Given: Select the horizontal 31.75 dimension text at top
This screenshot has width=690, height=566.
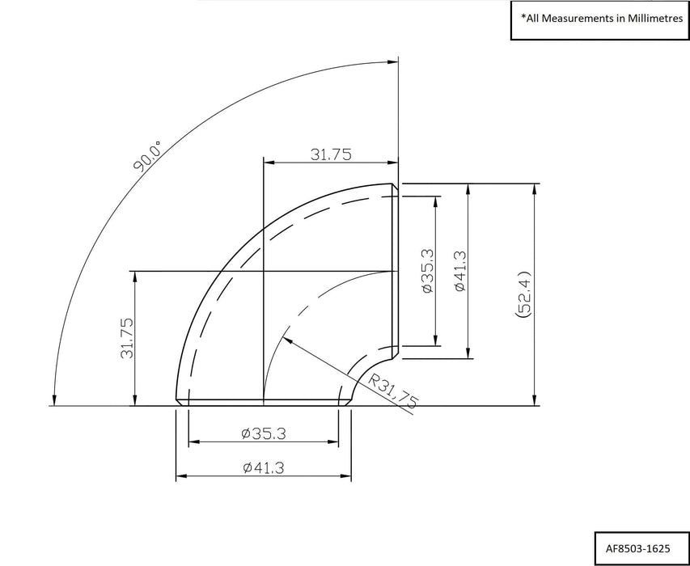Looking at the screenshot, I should tap(331, 155).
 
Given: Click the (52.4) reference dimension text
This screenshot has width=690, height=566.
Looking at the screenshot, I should tap(522, 296).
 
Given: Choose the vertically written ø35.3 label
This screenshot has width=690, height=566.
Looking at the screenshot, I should tap(428, 271).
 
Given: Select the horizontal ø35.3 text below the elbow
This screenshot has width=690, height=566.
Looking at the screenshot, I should tap(263, 434).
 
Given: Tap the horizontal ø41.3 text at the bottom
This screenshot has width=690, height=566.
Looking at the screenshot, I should tap(263, 467).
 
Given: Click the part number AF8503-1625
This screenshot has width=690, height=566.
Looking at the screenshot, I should tap(637, 546).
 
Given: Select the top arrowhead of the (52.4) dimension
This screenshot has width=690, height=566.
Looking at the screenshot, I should tap(534, 188).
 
